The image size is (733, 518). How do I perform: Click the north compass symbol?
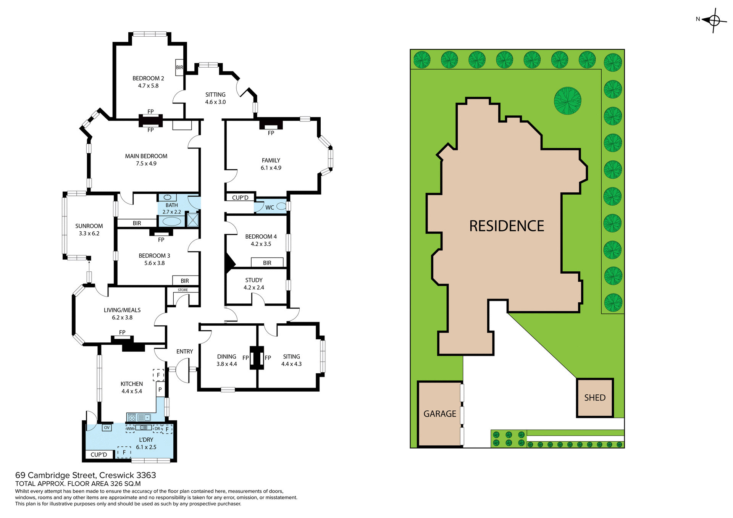pos(713,20)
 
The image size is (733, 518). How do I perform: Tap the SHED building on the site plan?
pos(594,398)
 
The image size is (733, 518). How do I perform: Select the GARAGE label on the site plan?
pos(440,414)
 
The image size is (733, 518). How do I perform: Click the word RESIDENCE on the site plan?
pos(506,226)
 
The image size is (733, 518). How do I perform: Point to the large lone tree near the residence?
pos(567,101)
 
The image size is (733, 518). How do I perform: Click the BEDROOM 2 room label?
pos(148,78)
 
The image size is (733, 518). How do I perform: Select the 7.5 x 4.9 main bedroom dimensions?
pos(146,163)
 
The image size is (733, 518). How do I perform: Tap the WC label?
pos(270,208)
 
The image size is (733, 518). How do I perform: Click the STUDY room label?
pos(254,280)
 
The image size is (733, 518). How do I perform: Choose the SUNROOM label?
pos(89,226)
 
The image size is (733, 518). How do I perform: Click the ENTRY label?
pos(184,352)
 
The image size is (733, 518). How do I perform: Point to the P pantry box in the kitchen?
pos(160,390)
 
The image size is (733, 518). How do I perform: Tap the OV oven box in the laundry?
pos(107,428)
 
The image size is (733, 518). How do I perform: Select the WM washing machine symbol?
pos(130,429)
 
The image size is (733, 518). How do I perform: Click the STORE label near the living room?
pos(183,290)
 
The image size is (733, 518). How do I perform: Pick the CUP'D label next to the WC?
pos(240,198)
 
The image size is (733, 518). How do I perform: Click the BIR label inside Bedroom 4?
pos(267,263)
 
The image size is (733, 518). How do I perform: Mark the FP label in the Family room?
pos(271,133)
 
